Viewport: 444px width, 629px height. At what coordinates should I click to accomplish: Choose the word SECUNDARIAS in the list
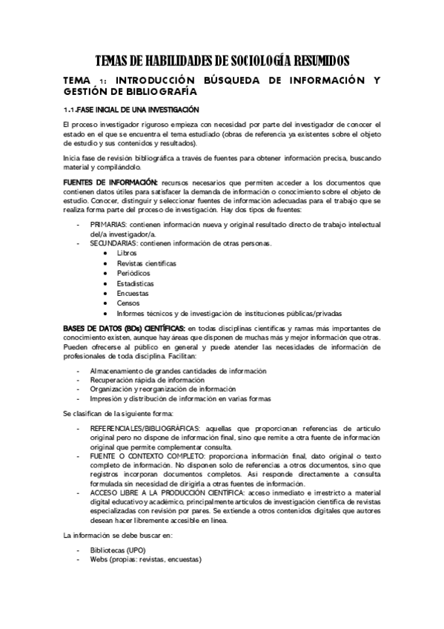coord(115,243)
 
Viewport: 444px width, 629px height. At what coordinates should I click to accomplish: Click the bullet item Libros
coord(127,253)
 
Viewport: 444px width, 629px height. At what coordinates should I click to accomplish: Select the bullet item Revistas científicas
coord(146,263)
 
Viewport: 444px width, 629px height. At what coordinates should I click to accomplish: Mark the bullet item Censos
coord(128,303)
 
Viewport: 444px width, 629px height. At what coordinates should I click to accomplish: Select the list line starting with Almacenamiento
coord(178,370)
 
